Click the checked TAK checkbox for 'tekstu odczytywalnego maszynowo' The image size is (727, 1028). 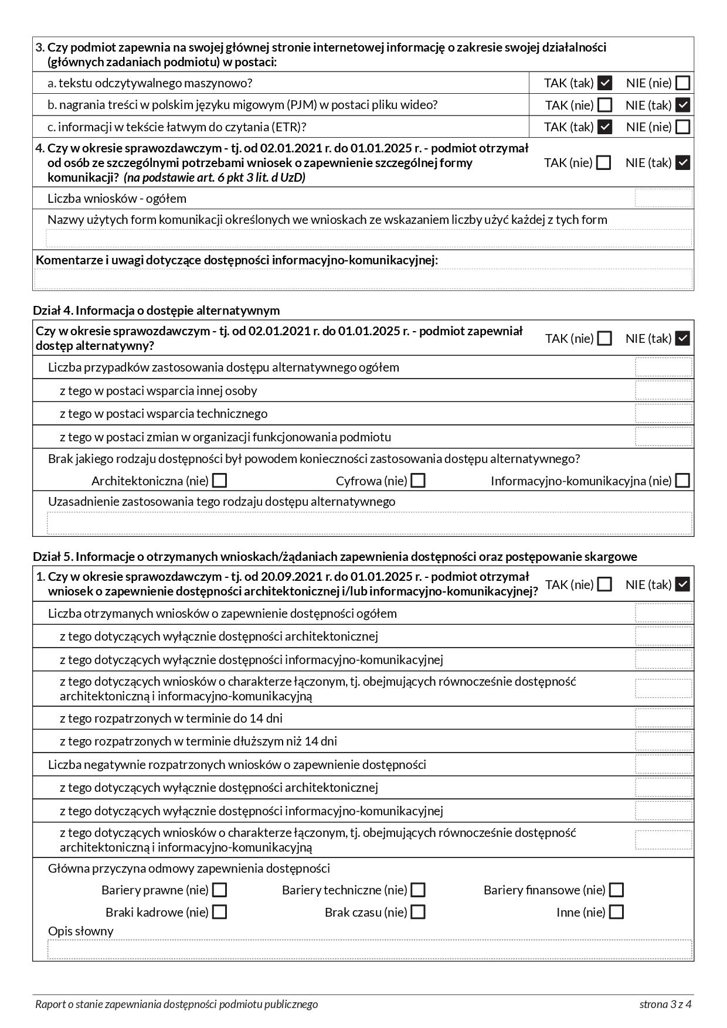604,83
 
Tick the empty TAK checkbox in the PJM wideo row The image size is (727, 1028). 604,105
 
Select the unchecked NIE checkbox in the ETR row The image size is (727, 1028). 682,127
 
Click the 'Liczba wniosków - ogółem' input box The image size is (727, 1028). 663,198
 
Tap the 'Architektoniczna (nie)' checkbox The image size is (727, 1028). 220,481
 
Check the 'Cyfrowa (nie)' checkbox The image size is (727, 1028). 418,481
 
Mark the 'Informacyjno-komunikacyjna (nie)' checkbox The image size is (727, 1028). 682,481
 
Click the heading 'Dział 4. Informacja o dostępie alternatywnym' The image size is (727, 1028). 156,310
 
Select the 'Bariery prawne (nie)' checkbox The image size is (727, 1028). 220,890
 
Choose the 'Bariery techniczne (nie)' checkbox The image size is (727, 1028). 418,890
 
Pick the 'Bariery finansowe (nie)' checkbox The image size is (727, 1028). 616,890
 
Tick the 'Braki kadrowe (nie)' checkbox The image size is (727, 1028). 220,912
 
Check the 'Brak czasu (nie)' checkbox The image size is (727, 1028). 418,912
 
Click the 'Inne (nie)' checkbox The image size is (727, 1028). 616,912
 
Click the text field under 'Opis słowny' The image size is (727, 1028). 369,949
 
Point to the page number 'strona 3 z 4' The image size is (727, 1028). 665,1004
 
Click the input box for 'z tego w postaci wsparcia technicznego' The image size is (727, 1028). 663,414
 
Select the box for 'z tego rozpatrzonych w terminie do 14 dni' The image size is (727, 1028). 663,718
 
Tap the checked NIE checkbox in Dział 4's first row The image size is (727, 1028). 682,338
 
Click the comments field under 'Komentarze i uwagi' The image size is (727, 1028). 363,278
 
